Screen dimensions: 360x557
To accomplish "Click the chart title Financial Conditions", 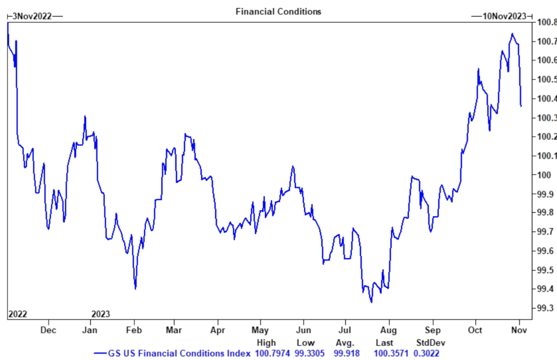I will click(x=278, y=12).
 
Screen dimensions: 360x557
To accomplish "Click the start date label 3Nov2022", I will click(x=32, y=16).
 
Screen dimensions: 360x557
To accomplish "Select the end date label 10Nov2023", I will click(x=504, y=16).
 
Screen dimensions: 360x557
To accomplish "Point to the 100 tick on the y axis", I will click(x=544, y=175).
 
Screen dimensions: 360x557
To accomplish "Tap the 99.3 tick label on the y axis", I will click(x=545, y=308).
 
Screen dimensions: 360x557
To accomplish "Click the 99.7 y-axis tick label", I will click(x=545, y=232).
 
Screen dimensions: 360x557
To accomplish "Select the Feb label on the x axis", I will click(x=134, y=330).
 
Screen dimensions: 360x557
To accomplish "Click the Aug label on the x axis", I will click(x=388, y=330).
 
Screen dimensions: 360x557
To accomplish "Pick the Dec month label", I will click(x=48, y=330).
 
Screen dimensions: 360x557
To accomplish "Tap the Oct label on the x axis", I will click(x=475, y=330).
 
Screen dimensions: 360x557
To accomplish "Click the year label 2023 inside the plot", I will click(x=101, y=314).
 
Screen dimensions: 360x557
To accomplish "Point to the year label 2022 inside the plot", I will click(x=18, y=314).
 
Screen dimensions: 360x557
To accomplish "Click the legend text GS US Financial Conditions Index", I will click(x=179, y=353).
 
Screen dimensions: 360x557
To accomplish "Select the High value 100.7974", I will click(x=272, y=353).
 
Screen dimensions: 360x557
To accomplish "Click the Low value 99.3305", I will click(x=310, y=353).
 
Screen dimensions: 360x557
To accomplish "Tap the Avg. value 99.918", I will click(x=346, y=353).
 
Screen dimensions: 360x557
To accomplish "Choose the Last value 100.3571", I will click(x=391, y=353).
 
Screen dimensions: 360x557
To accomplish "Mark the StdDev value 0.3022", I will click(x=426, y=353).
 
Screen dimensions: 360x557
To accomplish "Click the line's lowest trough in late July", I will click(x=371, y=302).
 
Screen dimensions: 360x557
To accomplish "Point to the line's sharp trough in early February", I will click(x=136, y=289).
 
